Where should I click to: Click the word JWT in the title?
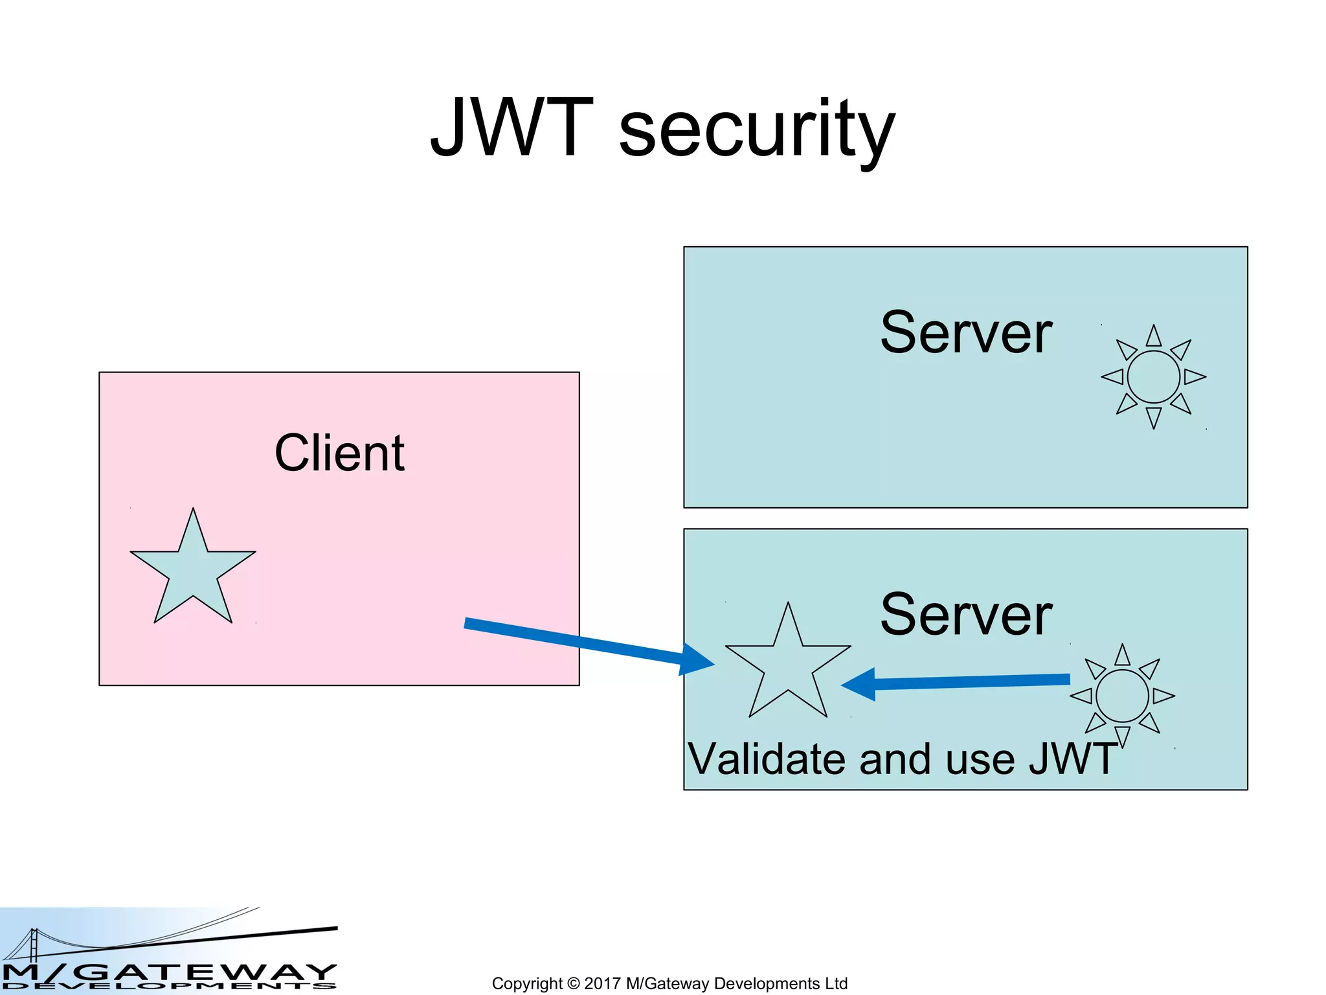[511, 128]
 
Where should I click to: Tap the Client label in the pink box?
[339, 453]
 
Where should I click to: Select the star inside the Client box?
[193, 570]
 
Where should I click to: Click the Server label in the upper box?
[965, 333]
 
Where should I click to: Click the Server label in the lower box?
[965, 615]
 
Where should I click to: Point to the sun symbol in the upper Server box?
[1153, 377]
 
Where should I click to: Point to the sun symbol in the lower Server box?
[1122, 696]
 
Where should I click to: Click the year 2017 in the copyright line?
[602, 983]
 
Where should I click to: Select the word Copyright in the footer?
[527, 984]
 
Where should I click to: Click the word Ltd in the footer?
[835, 983]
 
